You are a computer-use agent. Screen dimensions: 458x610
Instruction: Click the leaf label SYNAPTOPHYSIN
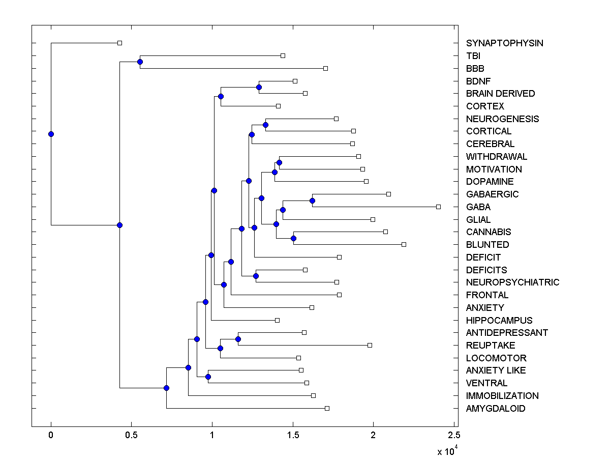[504, 43]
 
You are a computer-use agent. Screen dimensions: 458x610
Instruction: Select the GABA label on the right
[478, 207]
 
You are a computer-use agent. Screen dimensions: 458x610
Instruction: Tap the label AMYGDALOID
[496, 409]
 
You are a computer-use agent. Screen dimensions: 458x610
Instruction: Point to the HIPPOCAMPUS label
[499, 321]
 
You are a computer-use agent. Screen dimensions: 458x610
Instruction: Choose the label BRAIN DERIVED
[500, 94]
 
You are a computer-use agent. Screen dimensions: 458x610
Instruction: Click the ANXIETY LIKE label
[496, 370]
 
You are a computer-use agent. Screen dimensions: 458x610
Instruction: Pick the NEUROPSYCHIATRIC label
[512, 282]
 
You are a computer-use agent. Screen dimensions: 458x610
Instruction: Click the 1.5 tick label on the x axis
[293, 435]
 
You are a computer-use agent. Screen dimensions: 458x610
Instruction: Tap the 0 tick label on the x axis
[51, 435]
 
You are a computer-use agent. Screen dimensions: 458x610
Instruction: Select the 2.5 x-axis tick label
[454, 435]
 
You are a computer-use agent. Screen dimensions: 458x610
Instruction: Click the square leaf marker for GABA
[438, 207]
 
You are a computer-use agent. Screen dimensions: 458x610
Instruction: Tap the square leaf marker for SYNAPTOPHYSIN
[119, 43]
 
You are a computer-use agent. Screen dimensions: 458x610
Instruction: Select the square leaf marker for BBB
[326, 68]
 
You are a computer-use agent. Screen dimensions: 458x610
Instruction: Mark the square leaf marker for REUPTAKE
[370, 345]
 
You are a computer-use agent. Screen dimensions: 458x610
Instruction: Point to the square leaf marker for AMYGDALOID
[327, 408]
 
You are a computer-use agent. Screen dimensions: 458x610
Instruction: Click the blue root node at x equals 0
[51, 134]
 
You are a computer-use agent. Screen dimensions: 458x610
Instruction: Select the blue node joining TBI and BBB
[140, 62]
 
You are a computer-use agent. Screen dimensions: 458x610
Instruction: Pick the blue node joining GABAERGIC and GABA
[312, 201]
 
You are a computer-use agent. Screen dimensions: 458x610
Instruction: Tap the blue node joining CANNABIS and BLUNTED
[293, 238]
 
